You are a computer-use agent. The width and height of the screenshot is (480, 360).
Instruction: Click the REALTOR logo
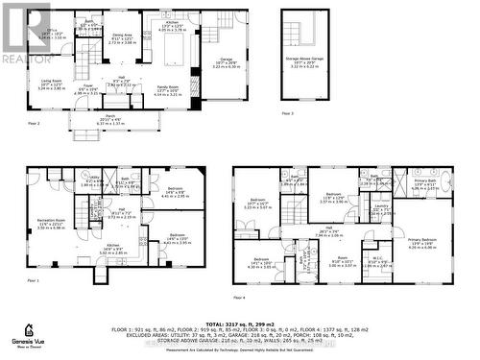point(25,35)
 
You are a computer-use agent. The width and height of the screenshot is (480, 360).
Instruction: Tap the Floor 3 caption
point(287,112)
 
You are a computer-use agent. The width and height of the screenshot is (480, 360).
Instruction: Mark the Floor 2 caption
point(33,124)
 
